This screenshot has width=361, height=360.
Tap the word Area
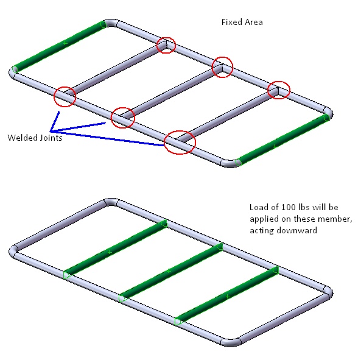(x=254, y=22)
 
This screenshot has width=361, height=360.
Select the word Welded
(x=23, y=138)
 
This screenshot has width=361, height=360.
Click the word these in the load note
(x=304, y=219)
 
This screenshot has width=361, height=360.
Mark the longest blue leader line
(x=107, y=138)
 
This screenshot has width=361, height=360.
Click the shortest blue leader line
(x=55, y=122)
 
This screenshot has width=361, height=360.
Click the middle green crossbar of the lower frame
(x=170, y=271)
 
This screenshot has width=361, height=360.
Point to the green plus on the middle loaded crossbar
(x=169, y=271)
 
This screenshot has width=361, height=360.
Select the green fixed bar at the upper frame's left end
(x=60, y=46)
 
